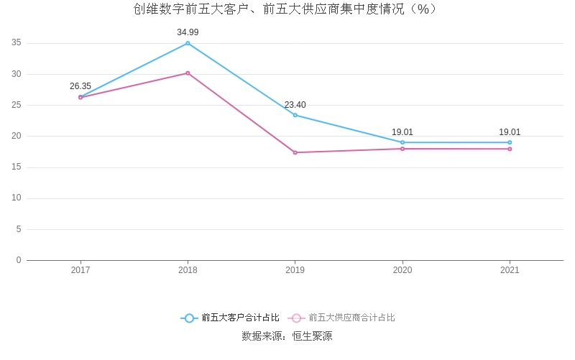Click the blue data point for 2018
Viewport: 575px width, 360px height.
[188, 43]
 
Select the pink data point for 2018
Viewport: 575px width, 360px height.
[188, 73]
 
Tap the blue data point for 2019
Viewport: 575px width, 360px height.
[295, 115]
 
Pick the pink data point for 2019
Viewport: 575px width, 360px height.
[295, 152]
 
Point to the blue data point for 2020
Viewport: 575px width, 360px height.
[402, 142]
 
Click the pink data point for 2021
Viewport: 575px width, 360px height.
[510, 149]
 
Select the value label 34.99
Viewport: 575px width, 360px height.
[188, 32]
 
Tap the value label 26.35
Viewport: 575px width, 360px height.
[80, 86]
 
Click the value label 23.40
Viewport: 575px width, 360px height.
[295, 105]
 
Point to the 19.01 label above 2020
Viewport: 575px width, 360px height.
[402, 132]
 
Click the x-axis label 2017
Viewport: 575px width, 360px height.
[80, 270]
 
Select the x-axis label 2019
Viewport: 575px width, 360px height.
[295, 270]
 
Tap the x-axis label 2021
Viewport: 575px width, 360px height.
[510, 270]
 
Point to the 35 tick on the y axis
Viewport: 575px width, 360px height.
[17, 43]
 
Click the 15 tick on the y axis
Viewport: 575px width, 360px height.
[17, 167]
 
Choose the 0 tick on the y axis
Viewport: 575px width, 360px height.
[19, 260]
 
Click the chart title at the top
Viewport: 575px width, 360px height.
[285, 9]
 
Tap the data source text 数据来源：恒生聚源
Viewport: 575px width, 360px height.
[287, 336]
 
